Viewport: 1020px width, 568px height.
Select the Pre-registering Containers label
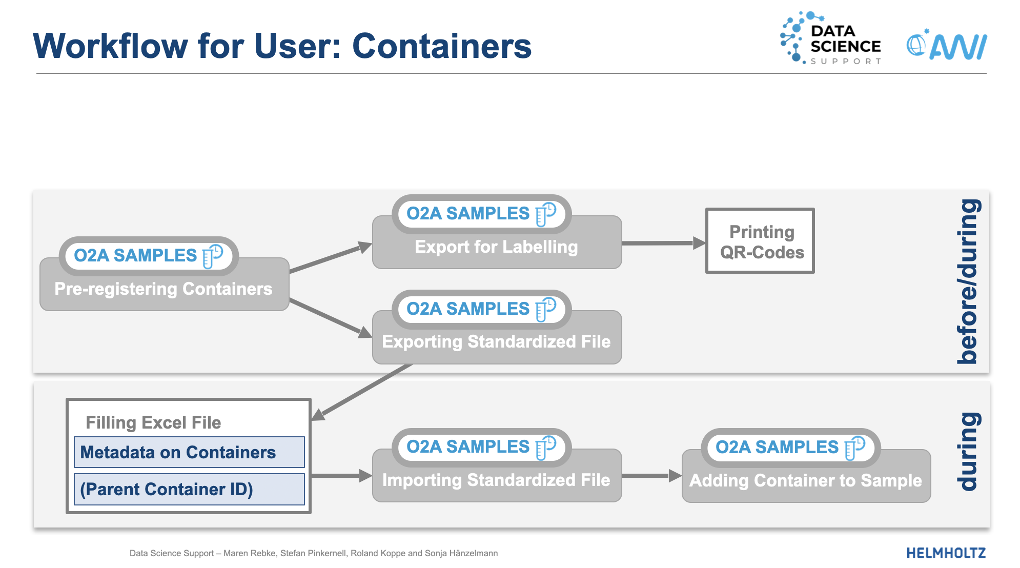point(164,289)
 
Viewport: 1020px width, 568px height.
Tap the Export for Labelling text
point(496,247)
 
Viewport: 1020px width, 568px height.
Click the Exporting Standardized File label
point(496,342)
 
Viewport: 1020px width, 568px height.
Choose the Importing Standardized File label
point(496,480)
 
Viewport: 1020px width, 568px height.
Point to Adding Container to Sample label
point(805,481)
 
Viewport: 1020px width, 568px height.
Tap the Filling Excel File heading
point(153,422)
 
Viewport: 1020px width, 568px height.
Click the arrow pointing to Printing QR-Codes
point(663,243)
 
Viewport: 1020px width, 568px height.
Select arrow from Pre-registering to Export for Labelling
point(331,258)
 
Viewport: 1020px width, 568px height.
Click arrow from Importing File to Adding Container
point(651,476)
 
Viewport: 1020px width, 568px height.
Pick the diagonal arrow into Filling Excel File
point(364,391)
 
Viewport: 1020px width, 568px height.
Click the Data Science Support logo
point(830,39)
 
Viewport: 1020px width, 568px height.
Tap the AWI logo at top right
point(947,46)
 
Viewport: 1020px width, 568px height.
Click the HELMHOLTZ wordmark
point(946,553)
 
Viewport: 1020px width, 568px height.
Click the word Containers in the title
point(442,46)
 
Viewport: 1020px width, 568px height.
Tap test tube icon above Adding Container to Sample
point(855,448)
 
